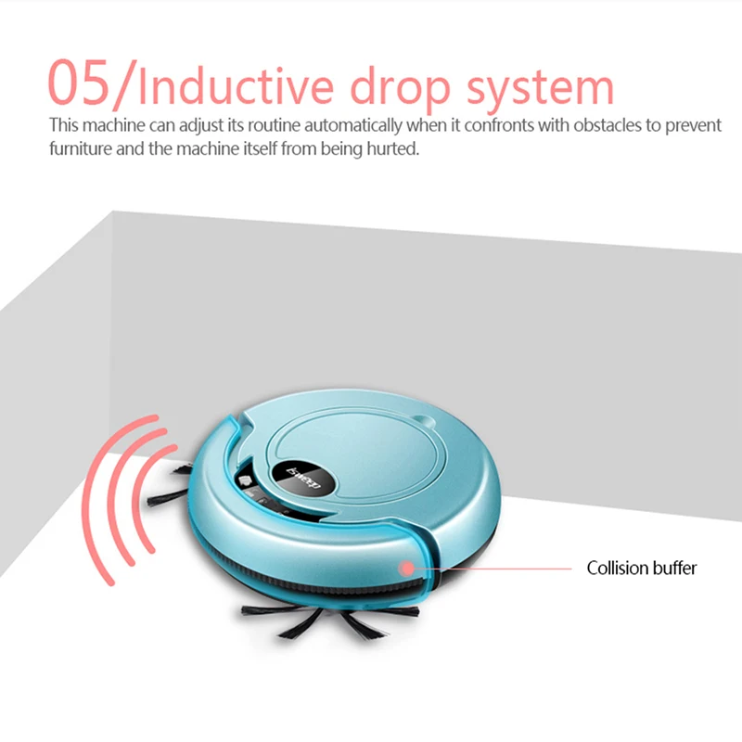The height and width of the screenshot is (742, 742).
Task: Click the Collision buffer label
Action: coord(641,568)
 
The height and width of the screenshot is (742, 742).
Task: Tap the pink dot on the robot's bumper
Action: coord(406,567)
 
